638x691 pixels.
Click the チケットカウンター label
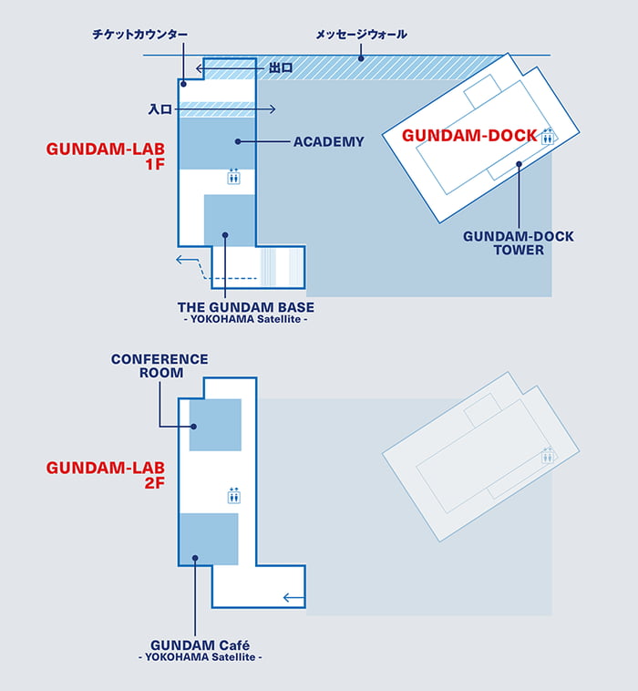pos(140,35)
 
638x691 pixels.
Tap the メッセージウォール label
pos(361,35)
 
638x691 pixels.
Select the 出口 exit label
pos(281,67)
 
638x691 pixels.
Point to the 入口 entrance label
pos(159,109)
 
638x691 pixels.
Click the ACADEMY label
pos(329,142)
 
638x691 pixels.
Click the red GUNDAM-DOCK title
pos(469,136)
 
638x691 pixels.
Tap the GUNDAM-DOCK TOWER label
pos(519,243)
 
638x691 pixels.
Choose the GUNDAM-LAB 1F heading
pos(106,157)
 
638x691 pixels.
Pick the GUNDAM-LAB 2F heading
pos(106,475)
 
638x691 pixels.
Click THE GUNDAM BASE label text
pos(246,307)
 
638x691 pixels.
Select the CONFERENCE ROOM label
pos(159,366)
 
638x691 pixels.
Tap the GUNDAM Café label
pos(200,645)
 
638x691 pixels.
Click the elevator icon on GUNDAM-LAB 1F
pos(233,176)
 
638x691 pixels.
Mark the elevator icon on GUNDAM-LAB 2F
pos(233,496)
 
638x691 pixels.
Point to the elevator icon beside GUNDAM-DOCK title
pos(548,136)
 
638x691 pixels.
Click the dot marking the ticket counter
pos(184,84)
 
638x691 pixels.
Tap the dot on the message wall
pos(361,58)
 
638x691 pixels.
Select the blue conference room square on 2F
pos(215,425)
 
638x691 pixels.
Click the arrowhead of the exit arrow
pos(200,68)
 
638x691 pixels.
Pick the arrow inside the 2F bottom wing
pos(293,598)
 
